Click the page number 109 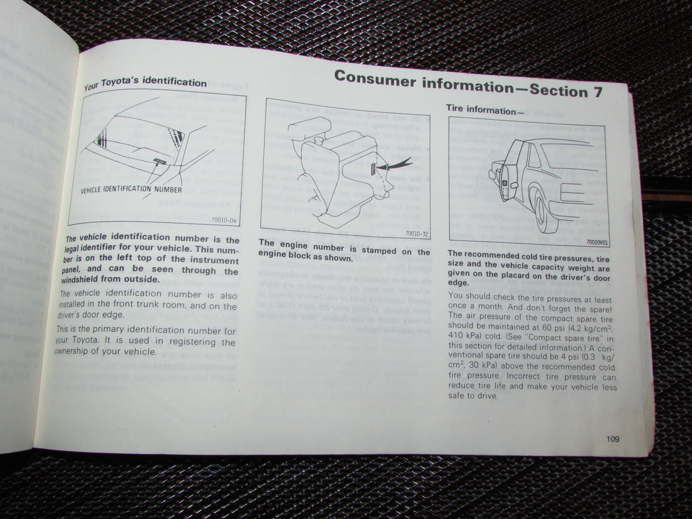click(612, 439)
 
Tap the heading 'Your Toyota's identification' click(145, 84)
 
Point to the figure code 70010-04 click(226, 221)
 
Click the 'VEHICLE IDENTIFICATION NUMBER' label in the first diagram click(131, 190)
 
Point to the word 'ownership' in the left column click(78, 351)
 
